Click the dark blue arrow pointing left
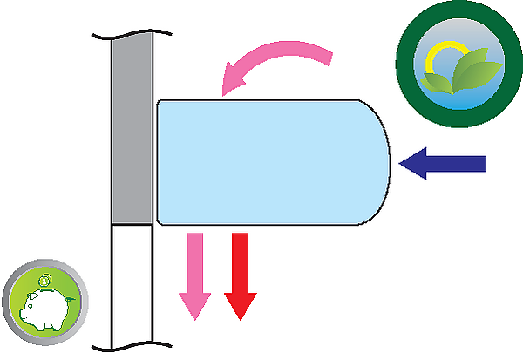click(x=449, y=163)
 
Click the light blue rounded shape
click(x=270, y=162)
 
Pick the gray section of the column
click(x=132, y=131)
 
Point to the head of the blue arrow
click(x=412, y=163)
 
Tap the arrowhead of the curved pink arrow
click(x=233, y=78)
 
